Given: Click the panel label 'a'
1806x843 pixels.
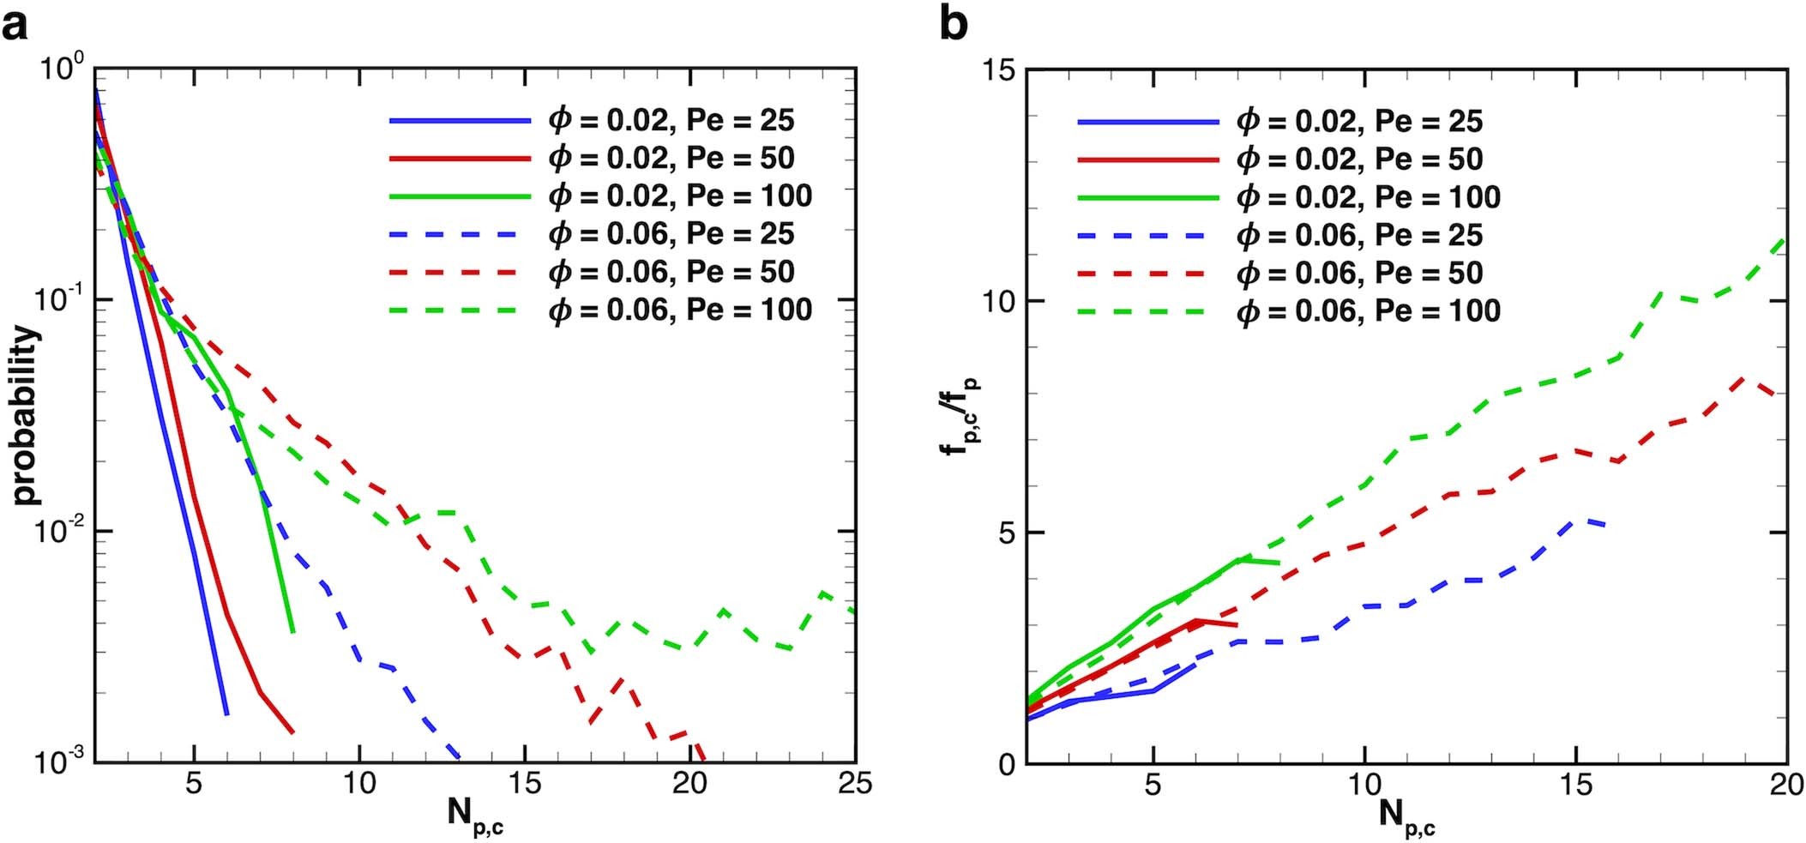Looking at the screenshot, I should point(15,26).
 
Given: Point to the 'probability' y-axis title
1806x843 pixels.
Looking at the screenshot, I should point(26,415).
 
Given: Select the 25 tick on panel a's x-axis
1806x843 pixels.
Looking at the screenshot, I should point(854,784).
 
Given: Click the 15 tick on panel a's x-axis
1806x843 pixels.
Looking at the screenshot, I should point(524,784).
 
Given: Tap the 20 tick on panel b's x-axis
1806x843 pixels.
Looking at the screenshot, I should point(1786,784).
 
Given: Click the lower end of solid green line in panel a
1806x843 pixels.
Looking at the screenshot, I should point(293,632).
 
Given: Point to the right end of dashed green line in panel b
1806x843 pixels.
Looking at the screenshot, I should point(1786,240).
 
